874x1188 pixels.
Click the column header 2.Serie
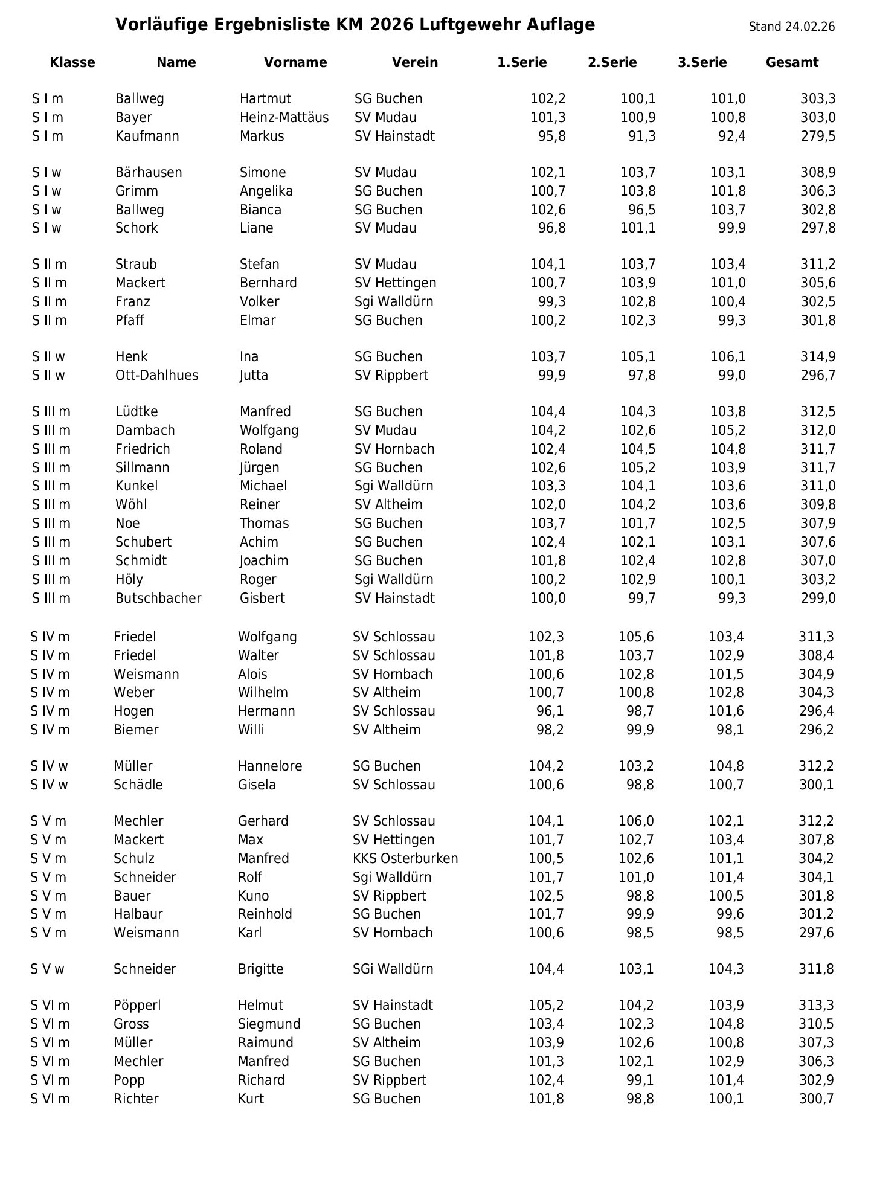(x=612, y=63)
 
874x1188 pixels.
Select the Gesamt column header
(x=792, y=63)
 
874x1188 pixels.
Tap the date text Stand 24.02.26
(x=791, y=27)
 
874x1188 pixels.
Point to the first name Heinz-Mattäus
(x=284, y=117)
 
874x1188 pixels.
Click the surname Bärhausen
(x=149, y=172)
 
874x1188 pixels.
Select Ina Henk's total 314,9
(x=818, y=356)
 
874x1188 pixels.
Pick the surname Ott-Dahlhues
(x=156, y=375)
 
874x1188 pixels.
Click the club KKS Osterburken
(x=405, y=858)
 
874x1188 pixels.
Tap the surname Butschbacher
(x=158, y=598)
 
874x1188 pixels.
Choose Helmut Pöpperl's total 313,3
(x=816, y=1005)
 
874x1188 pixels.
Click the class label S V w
(x=47, y=969)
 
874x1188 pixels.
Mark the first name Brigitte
(x=260, y=969)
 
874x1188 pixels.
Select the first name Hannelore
(x=269, y=766)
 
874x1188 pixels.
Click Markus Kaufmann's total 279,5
(x=818, y=136)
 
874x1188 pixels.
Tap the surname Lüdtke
(x=137, y=411)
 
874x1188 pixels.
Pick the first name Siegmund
(x=269, y=1024)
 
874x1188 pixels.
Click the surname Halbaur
(x=138, y=914)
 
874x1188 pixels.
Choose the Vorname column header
(x=295, y=63)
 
